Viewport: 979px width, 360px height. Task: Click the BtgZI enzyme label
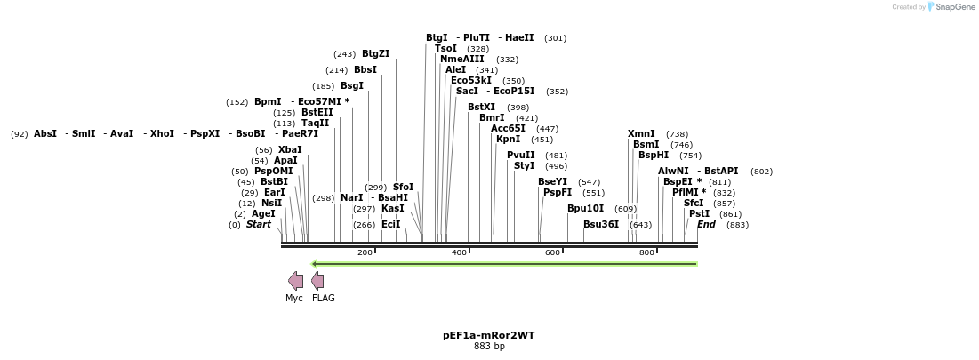coord(375,54)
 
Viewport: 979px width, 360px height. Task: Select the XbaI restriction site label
coord(290,150)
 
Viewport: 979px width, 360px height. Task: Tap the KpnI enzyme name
coord(508,140)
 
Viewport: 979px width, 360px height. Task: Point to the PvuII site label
coord(520,156)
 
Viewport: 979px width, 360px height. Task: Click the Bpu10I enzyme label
coord(585,209)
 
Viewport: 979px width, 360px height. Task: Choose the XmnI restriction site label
coord(641,134)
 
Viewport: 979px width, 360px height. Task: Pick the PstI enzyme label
coord(699,214)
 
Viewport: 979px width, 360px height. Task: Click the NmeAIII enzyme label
coord(461,60)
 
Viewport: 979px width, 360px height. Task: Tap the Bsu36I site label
coord(600,225)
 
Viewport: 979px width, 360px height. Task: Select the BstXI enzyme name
coord(481,108)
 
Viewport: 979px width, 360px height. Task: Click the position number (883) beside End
coord(737,225)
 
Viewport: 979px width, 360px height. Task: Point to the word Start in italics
coord(259,225)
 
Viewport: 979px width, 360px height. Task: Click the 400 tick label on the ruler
coord(459,253)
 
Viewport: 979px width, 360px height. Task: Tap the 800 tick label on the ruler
coord(646,253)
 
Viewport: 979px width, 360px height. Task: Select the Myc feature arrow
coord(295,281)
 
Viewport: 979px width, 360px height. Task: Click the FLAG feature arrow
coord(317,281)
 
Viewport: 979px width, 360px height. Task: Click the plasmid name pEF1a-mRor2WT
coord(489,336)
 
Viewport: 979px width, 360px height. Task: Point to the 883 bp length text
coord(489,347)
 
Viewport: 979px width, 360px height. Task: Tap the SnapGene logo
coord(951,7)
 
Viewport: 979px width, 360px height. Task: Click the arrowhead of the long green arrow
coord(315,263)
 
